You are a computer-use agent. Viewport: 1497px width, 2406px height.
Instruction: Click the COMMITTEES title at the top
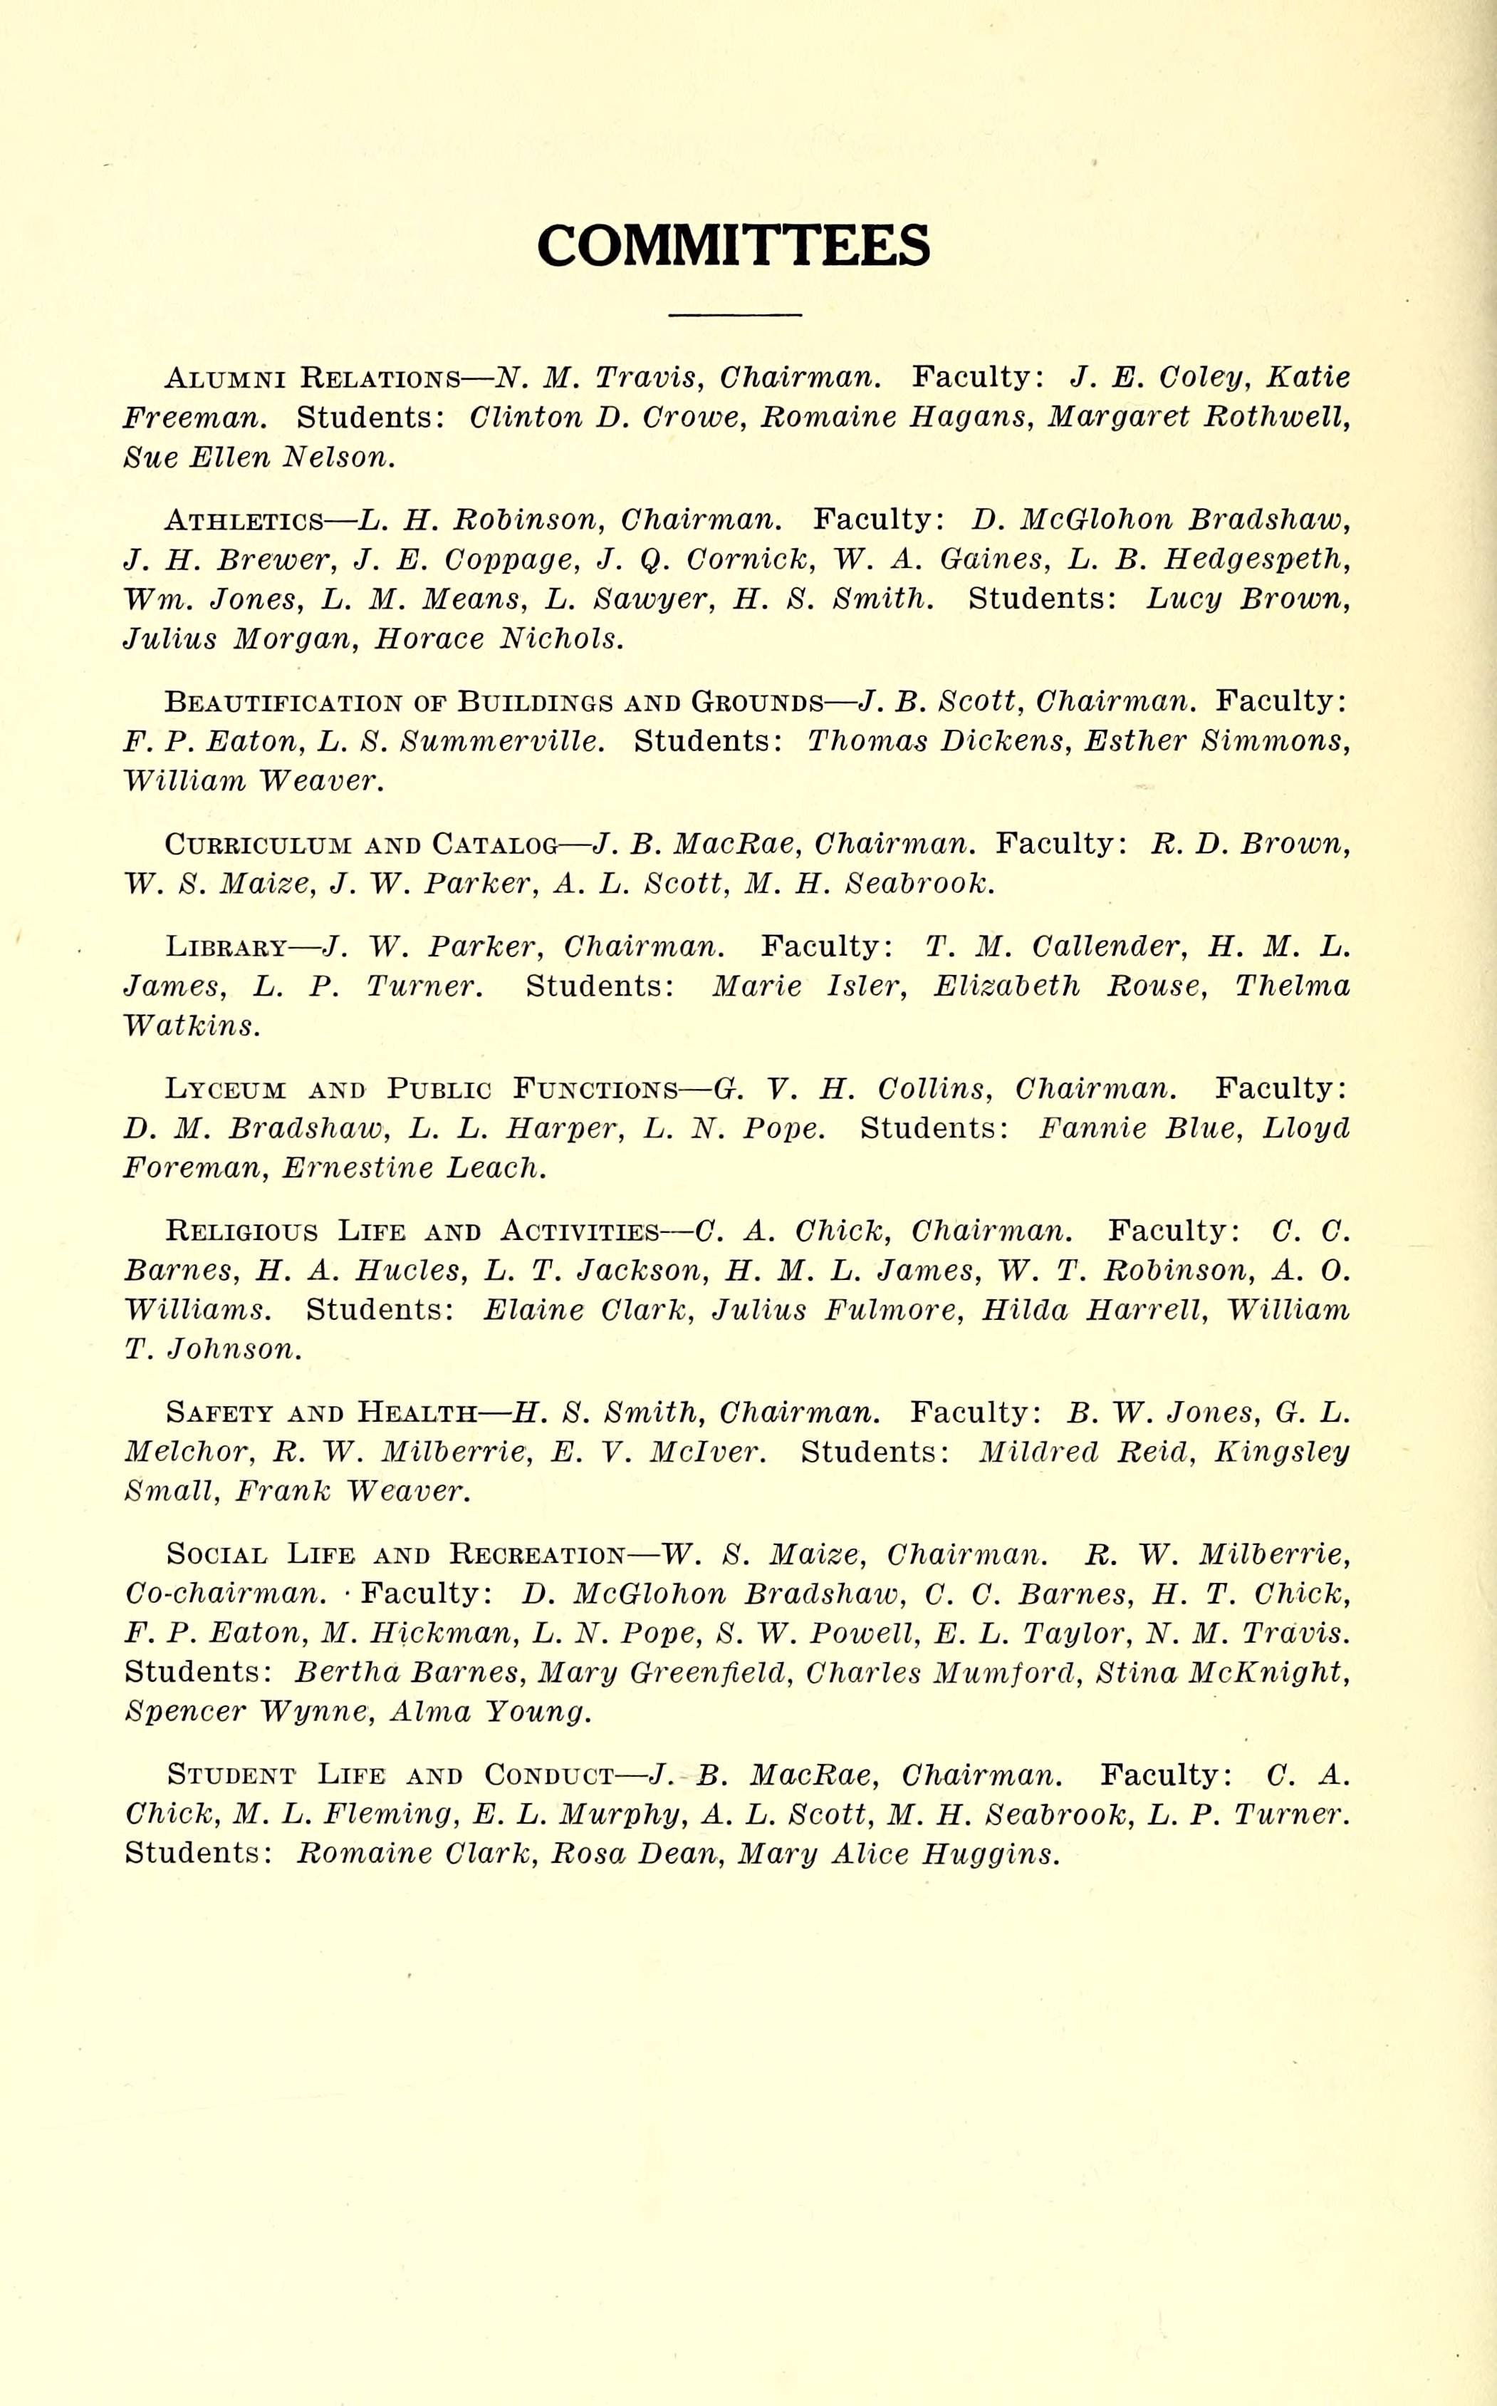tap(734, 246)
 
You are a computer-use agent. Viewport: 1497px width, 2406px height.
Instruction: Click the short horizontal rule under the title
tap(734, 315)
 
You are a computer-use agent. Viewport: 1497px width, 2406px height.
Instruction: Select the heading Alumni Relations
tap(312, 378)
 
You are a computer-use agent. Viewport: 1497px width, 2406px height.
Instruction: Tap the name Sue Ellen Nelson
tap(259, 457)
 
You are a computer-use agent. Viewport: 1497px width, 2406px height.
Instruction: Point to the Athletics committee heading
tap(244, 520)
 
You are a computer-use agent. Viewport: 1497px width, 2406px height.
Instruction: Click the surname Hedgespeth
tap(1258, 559)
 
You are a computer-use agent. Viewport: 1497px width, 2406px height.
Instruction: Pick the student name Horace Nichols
tap(499, 639)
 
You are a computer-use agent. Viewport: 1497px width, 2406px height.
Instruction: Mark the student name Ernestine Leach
tap(414, 1168)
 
